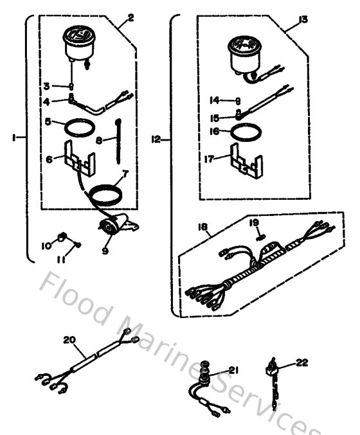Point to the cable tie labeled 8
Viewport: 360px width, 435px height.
coord(121,139)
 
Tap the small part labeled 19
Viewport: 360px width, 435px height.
coord(260,236)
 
